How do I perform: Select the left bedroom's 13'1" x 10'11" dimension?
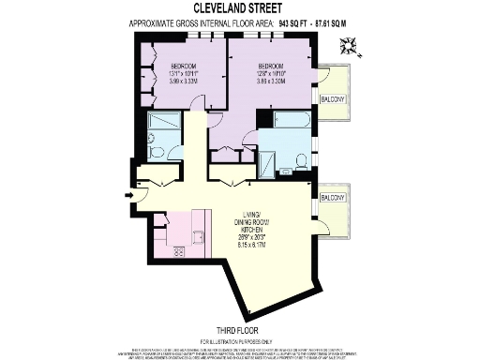point(171,74)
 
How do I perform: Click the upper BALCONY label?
point(333,99)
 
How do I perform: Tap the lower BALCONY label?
point(333,199)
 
